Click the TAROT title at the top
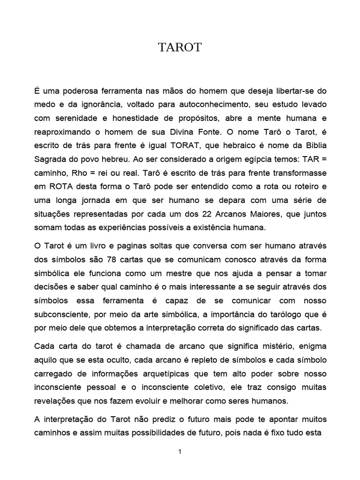pyautogui.click(x=180, y=48)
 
